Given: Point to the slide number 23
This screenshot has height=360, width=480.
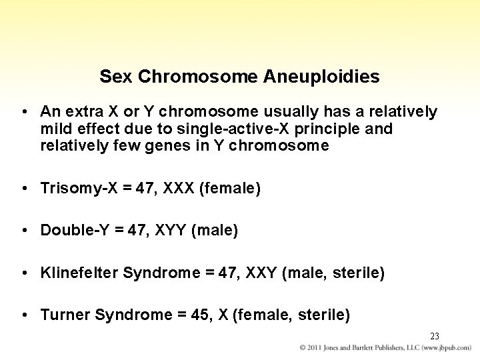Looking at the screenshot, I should click(435, 335).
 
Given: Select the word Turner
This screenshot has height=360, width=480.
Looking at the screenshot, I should click(65, 314).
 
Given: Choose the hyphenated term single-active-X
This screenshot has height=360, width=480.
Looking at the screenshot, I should click(232, 128).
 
